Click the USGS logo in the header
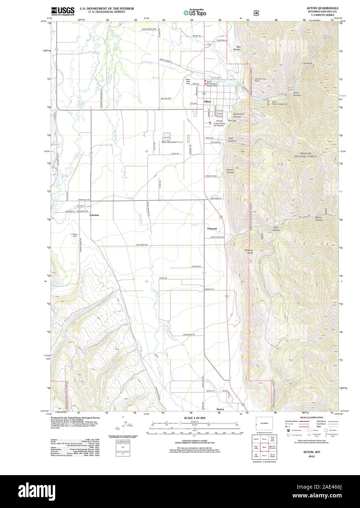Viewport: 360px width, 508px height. coord(63,11)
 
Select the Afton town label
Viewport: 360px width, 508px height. coord(207,101)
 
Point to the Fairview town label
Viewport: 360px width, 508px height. coord(94,215)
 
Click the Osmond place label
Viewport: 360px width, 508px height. coord(212,228)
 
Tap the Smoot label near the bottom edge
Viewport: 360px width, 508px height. coord(220,409)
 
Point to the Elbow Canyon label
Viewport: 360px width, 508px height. coord(230,171)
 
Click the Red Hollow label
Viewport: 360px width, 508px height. coord(238,48)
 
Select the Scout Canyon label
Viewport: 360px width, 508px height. coord(297,94)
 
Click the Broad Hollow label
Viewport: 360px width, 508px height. coord(319,219)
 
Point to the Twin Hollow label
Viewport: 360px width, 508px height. coord(276,229)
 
